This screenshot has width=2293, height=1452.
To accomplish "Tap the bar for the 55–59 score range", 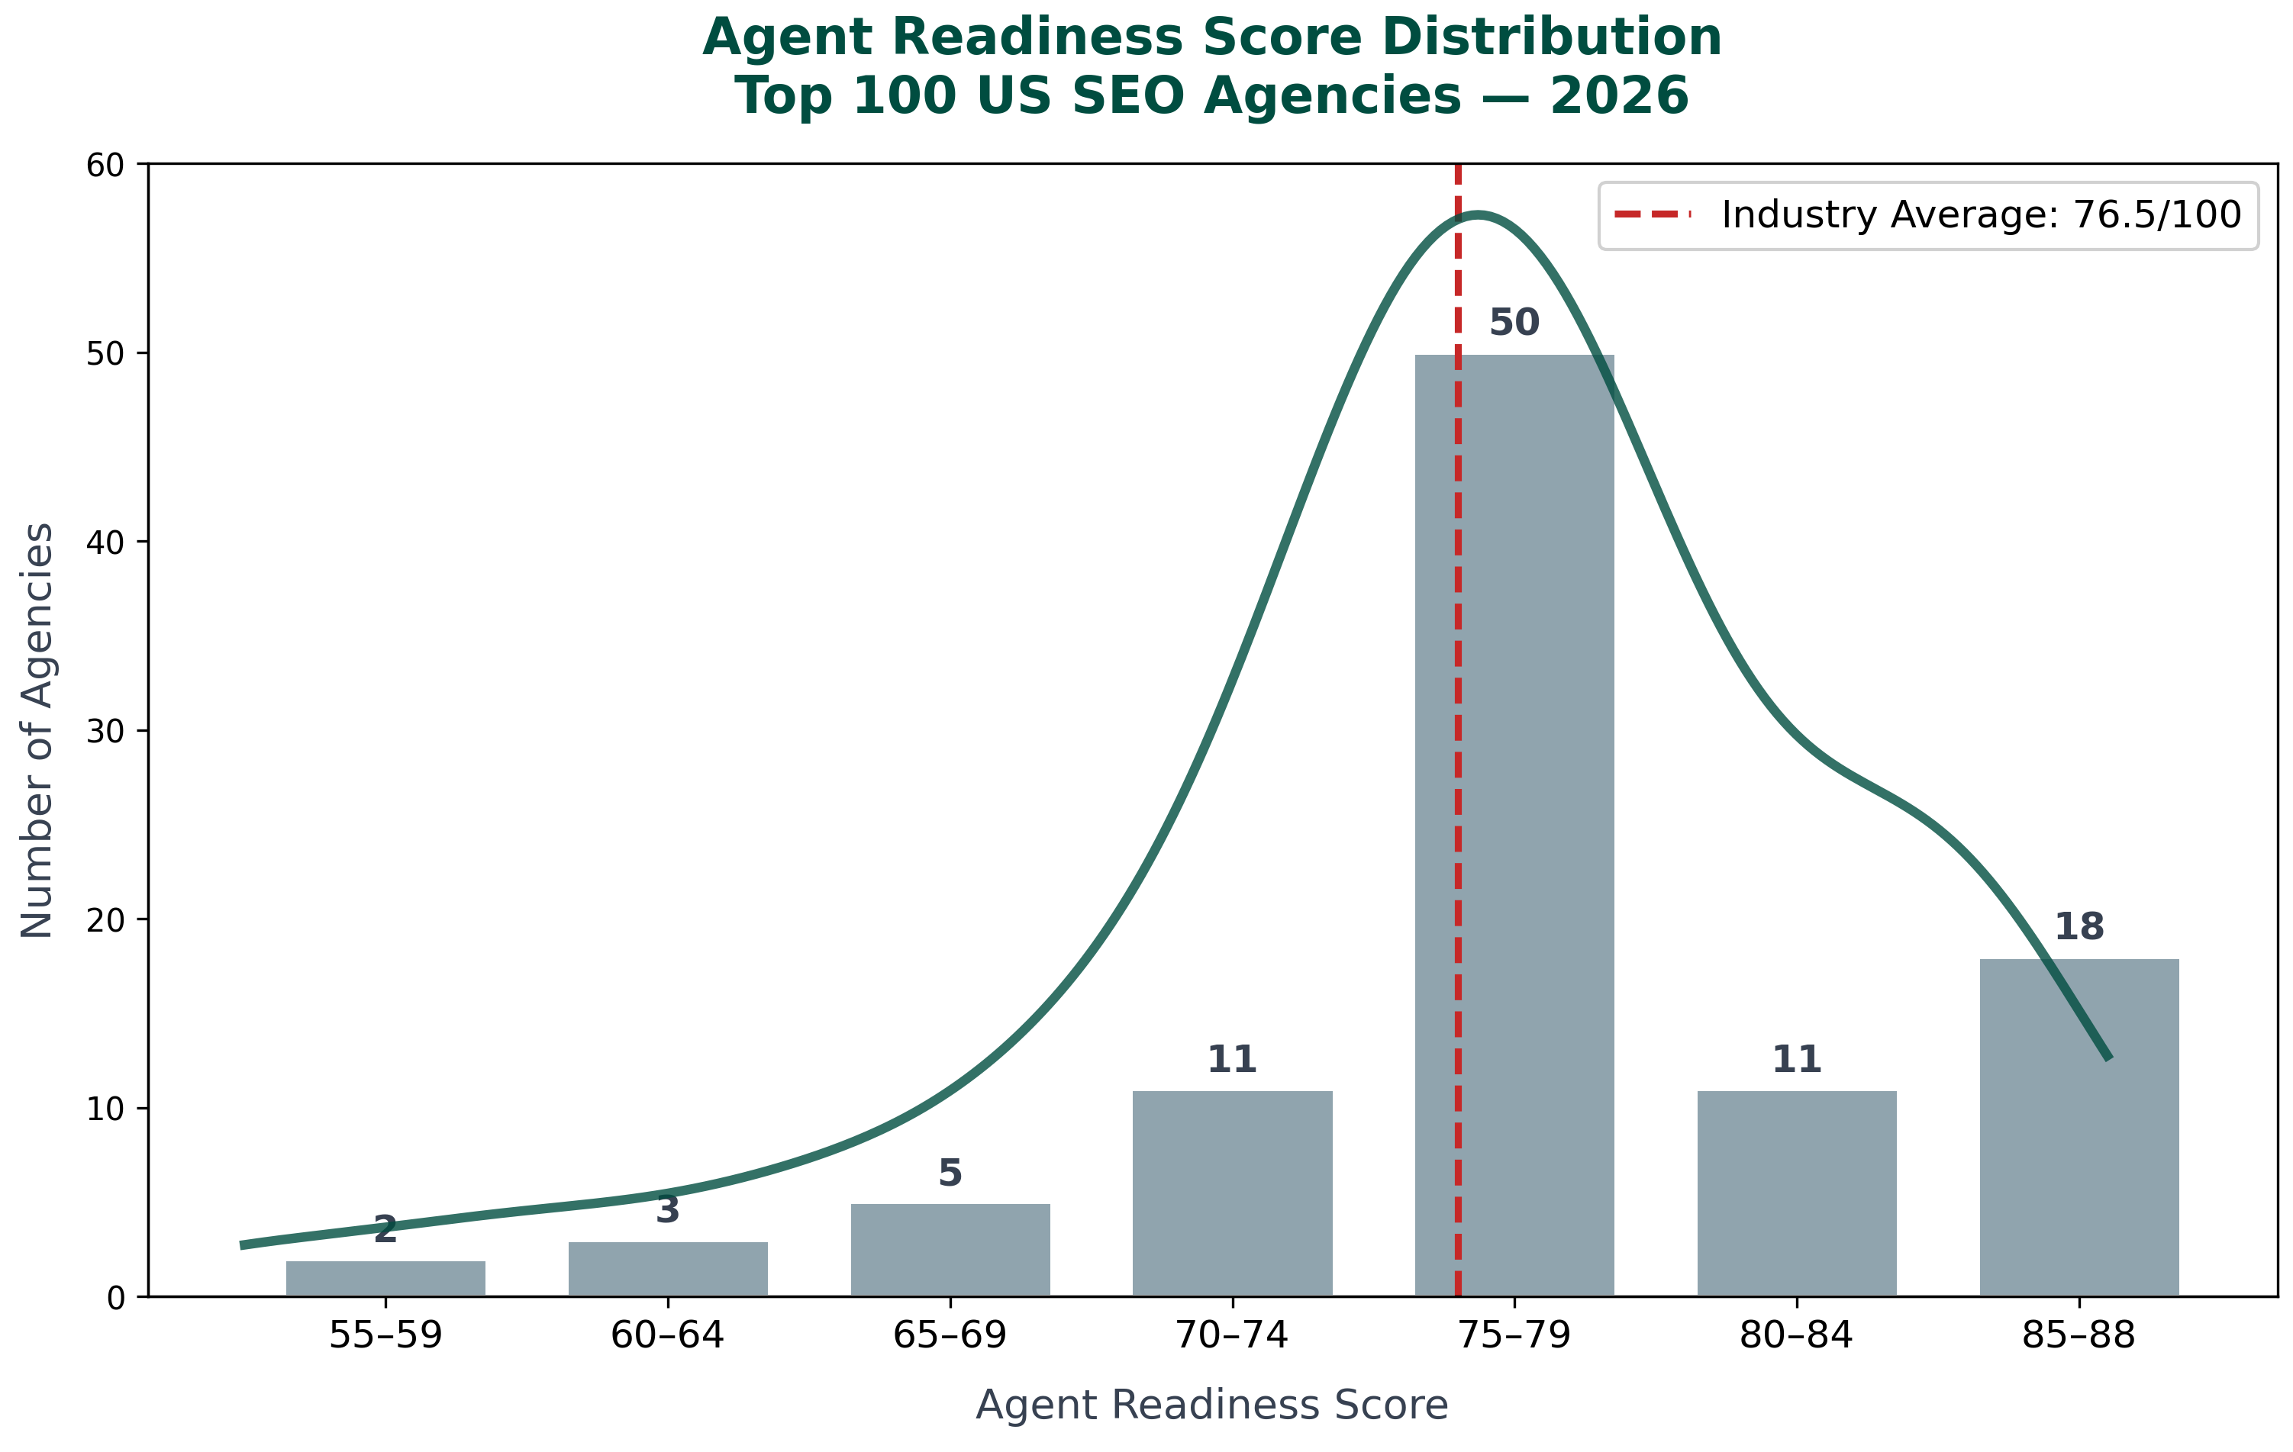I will tap(385, 1279).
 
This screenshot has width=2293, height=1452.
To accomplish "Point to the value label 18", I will tap(2079, 926).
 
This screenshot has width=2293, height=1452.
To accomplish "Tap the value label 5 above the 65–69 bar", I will tap(950, 1173).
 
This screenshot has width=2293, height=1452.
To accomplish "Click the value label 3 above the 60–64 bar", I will tap(668, 1210).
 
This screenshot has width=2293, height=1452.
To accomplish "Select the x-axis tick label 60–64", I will tap(668, 1336).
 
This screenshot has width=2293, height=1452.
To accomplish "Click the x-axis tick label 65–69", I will tap(950, 1336).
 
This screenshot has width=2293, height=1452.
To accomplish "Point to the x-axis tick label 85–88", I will tap(2079, 1336).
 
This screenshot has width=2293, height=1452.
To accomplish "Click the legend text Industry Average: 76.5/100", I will tap(1982, 215).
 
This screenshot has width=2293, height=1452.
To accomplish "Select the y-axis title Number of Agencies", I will tap(38, 729).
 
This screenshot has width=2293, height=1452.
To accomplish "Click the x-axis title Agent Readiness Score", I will tap(1211, 1405).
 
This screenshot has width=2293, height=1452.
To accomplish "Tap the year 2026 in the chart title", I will tap(1619, 96).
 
